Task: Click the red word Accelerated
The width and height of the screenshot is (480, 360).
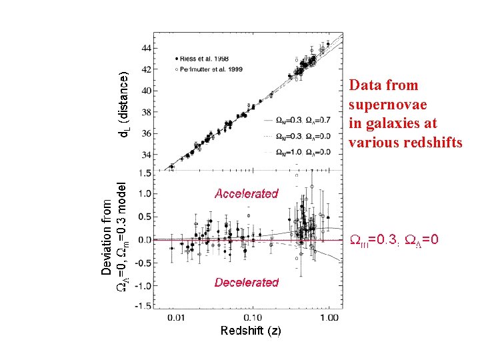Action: pos(246,194)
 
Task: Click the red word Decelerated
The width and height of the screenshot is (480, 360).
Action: pos(246,283)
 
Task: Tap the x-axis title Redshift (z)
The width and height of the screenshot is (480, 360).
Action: pos(251,331)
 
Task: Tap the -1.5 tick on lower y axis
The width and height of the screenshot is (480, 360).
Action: pos(141,307)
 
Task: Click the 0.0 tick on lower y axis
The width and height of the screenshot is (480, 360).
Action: pos(143,239)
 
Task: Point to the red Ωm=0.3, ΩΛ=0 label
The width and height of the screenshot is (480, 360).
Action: pos(394,239)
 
